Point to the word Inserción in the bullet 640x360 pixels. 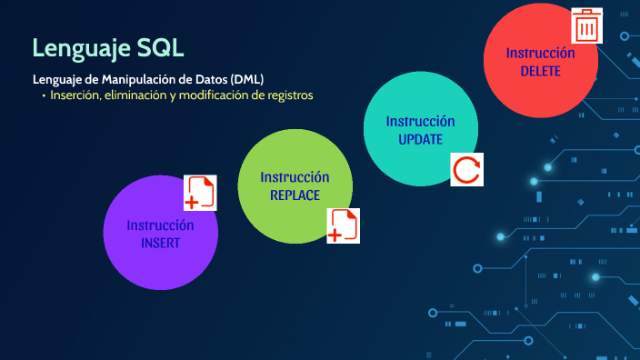click(75, 95)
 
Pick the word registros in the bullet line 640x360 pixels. click(287, 95)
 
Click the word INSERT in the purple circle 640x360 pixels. click(160, 244)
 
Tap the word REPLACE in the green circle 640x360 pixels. click(295, 195)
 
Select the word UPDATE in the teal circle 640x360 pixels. click(420, 140)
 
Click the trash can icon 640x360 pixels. click(587, 26)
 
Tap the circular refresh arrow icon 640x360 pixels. click(466, 170)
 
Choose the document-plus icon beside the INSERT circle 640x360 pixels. click(200, 193)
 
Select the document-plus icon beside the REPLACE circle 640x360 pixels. click(344, 226)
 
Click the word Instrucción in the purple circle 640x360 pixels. click(160, 225)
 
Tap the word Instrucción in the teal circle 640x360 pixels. click(420, 122)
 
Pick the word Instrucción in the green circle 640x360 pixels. click(295, 177)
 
